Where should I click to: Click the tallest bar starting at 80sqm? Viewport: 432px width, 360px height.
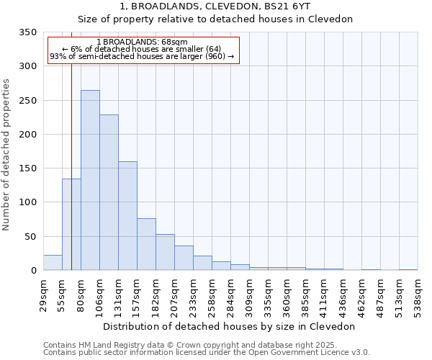click(90, 180)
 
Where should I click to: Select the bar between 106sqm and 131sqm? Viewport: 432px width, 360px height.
click(109, 192)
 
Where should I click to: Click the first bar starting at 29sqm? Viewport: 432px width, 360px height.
click(53, 263)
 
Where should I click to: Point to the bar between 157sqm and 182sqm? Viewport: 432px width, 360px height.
click(146, 244)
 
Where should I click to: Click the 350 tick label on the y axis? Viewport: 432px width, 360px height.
click(27, 32)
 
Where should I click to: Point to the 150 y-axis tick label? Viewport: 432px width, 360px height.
click(27, 168)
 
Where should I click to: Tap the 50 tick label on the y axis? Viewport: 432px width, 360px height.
click(30, 236)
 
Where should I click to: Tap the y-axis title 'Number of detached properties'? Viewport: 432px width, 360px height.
click(7, 155)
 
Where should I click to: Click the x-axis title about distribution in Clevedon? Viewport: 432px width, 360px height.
click(229, 326)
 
